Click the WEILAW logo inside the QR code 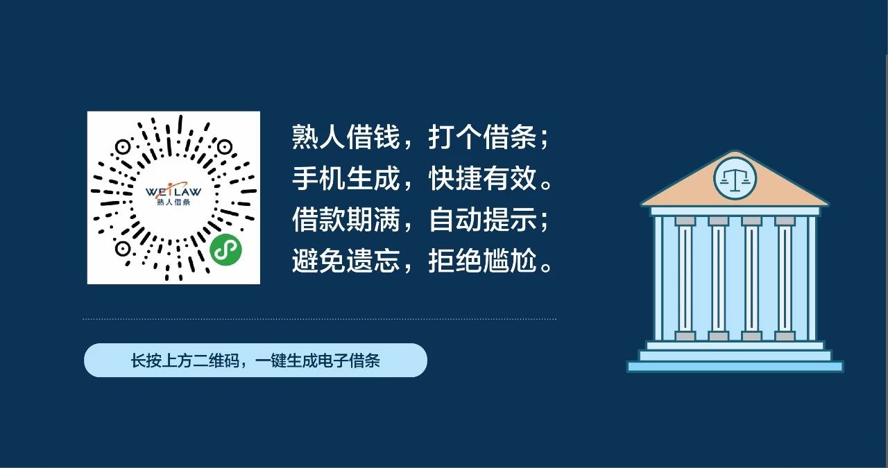(x=173, y=191)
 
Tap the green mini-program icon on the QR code (x=221, y=248)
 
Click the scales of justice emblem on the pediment (x=735, y=177)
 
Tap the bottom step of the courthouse (x=735, y=366)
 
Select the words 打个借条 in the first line (x=482, y=139)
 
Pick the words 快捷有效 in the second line (x=482, y=180)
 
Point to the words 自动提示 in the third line (x=482, y=221)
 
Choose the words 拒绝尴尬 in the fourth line (x=482, y=263)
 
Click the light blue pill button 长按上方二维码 (x=255, y=361)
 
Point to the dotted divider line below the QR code (x=319, y=320)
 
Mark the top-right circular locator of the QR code (x=224, y=147)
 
